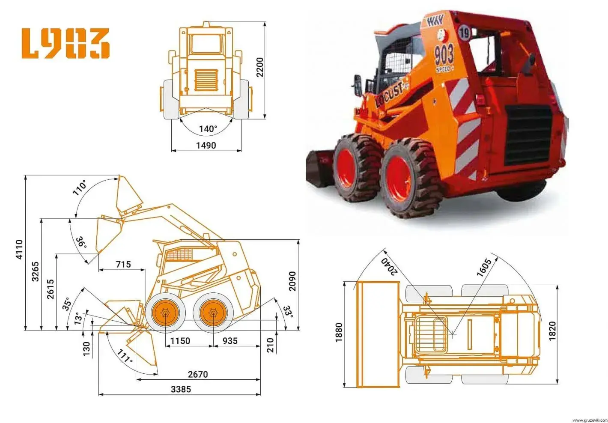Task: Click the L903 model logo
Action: click(66, 43)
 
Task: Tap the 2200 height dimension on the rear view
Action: click(260, 67)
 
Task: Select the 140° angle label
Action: click(208, 128)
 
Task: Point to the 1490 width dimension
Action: click(206, 146)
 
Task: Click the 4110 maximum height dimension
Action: click(20, 249)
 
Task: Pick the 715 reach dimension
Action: click(123, 264)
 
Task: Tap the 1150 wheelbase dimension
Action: click(180, 341)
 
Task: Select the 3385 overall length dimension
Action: click(181, 389)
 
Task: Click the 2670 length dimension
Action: click(198, 375)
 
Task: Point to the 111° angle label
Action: click(125, 356)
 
